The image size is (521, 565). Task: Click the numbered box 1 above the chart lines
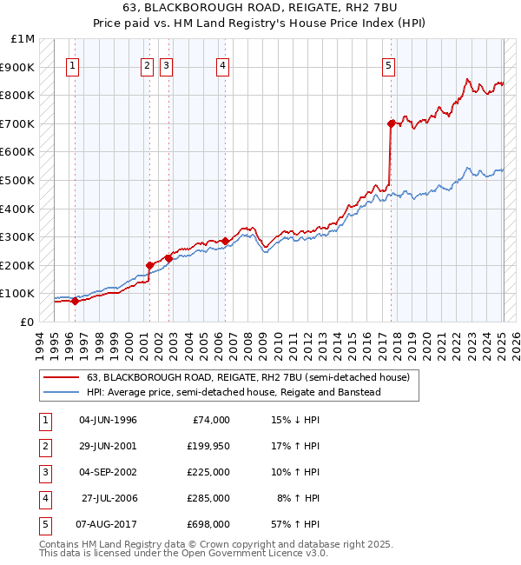click(x=74, y=65)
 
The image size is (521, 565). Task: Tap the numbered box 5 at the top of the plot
click(x=388, y=65)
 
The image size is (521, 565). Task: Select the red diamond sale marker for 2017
click(x=392, y=123)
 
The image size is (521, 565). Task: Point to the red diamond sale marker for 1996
click(x=75, y=301)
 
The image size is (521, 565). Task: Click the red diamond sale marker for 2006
click(x=226, y=241)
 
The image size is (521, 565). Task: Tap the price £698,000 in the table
click(x=208, y=524)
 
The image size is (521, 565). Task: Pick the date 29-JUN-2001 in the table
click(x=108, y=446)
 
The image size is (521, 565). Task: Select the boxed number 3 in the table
click(x=43, y=472)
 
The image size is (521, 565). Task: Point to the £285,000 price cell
click(x=208, y=498)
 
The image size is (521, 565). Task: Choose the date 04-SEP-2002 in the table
click(x=108, y=472)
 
